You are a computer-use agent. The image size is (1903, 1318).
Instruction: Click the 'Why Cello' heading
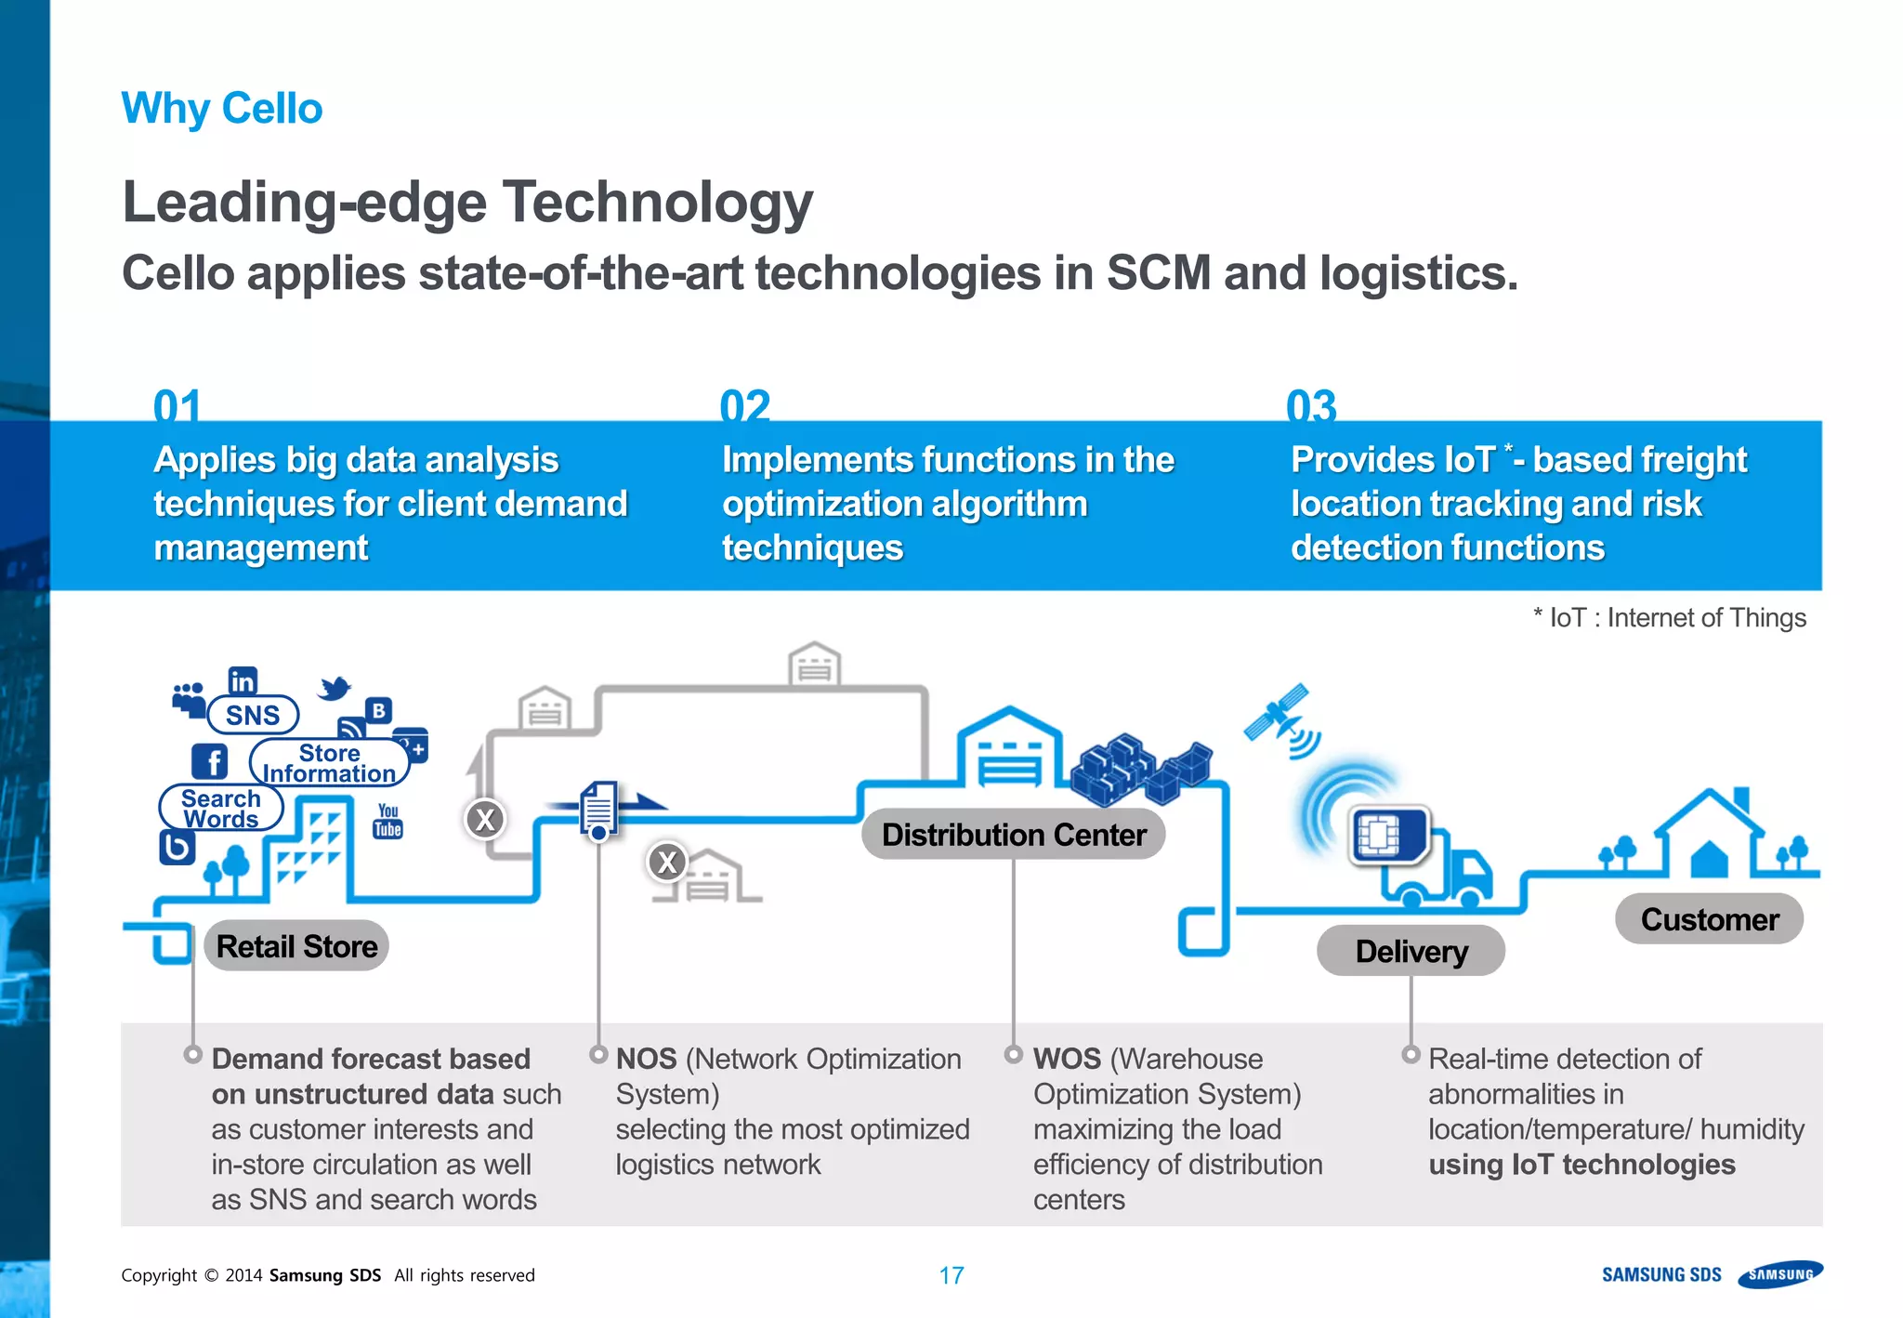[x=222, y=109]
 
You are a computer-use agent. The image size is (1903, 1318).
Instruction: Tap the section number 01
[x=177, y=406]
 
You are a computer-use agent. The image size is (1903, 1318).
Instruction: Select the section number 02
[x=744, y=406]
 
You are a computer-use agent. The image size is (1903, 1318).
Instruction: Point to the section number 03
[x=1311, y=406]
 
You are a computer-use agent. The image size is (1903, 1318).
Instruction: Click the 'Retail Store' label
[x=296, y=946]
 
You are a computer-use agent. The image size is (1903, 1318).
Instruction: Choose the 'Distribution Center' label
[x=1013, y=835]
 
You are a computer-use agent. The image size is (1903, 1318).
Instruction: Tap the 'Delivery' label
[x=1411, y=951]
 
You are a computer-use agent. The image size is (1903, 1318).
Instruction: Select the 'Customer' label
[x=1709, y=919]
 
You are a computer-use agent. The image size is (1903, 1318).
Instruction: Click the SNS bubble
[x=252, y=715]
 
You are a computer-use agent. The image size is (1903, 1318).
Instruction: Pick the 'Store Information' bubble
[x=329, y=763]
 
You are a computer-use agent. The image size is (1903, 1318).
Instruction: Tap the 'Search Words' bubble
[x=221, y=808]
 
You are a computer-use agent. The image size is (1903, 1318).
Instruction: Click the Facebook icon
[x=210, y=762]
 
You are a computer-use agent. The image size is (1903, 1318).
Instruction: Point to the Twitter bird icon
[x=335, y=688]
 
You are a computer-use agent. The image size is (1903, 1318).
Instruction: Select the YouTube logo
[x=387, y=822]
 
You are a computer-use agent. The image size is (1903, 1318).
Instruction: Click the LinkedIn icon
[x=243, y=681]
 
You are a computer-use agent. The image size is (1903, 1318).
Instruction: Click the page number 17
[x=951, y=1275]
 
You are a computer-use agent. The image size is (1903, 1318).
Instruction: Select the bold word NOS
[x=646, y=1059]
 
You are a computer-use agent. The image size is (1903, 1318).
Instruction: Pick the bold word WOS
[x=1066, y=1059]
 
